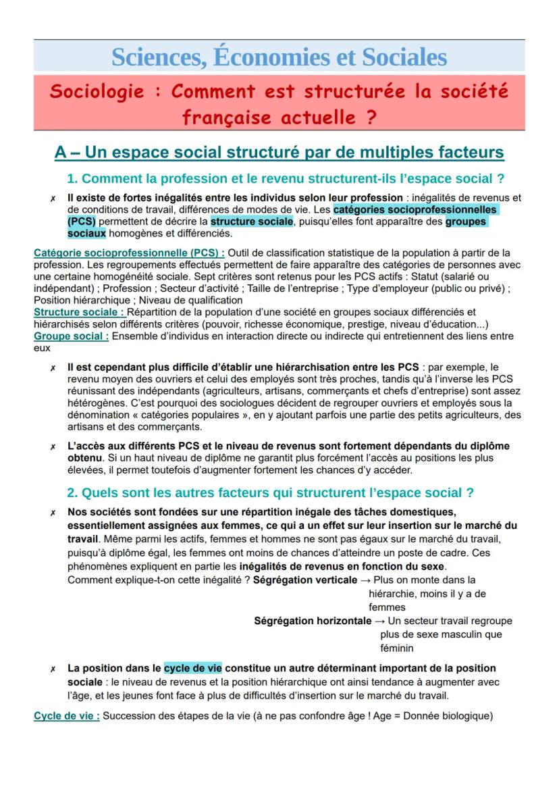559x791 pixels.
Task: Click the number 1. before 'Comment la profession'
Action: coord(72,179)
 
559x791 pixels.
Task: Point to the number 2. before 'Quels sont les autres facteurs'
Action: coord(72,492)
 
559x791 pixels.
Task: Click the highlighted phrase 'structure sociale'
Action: coord(252,221)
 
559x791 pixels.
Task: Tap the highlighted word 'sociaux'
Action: coord(86,233)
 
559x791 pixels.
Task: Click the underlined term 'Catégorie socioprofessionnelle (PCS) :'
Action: coord(129,253)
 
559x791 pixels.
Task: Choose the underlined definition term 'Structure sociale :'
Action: coord(80,311)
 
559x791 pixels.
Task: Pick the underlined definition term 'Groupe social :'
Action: coord(71,336)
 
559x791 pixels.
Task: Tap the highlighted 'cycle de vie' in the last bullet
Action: coord(193,668)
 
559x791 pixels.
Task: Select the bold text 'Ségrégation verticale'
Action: coord(305,580)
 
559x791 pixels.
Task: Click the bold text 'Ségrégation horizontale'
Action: coord(313,620)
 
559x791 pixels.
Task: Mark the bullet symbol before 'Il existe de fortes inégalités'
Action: coord(52,199)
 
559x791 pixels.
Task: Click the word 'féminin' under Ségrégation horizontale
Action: coord(397,648)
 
